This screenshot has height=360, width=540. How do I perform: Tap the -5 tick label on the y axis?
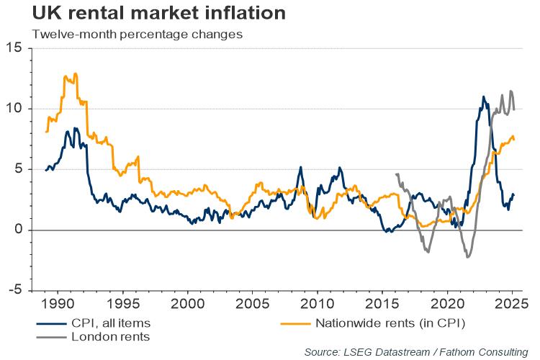pos(14,291)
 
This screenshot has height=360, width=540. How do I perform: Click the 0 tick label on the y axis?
pos(17,230)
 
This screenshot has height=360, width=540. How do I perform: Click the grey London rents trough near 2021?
pos(467,257)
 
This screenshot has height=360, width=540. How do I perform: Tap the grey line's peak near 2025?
pos(510,91)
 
